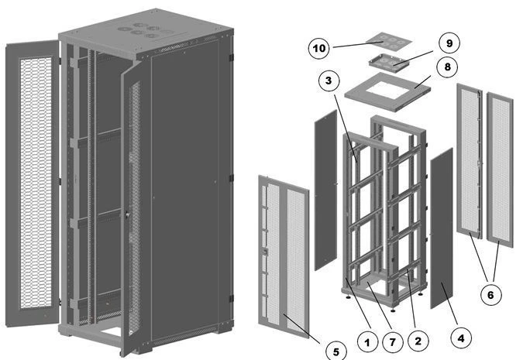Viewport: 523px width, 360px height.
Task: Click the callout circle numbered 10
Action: pyautogui.click(x=319, y=48)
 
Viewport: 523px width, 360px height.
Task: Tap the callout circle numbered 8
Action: pyautogui.click(x=449, y=67)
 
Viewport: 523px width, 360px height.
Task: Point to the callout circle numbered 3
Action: pyautogui.click(x=329, y=80)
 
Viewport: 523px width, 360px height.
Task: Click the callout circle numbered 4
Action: pyautogui.click(x=462, y=338)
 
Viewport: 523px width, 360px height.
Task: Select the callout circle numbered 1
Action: pyautogui.click(x=369, y=338)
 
